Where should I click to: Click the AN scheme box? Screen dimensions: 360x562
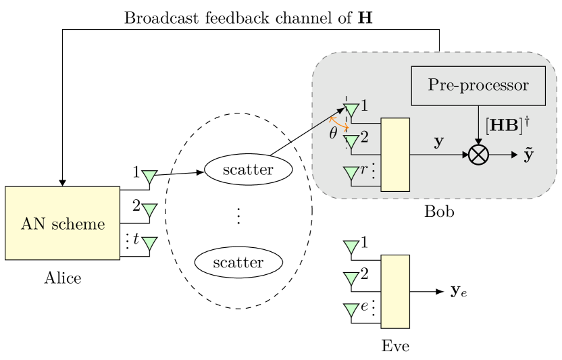pos(62,224)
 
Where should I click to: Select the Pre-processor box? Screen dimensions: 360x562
pos(478,86)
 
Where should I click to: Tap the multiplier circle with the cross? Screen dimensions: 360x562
pos(478,155)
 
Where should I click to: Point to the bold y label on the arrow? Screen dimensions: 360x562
pos(438,143)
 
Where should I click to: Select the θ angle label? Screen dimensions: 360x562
pos(333,133)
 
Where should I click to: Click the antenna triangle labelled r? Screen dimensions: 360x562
pos(351,174)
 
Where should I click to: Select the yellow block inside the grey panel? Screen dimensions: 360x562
pos(395,155)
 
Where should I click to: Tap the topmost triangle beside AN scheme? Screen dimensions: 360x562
pos(150,177)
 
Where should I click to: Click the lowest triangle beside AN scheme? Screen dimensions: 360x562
pos(150,242)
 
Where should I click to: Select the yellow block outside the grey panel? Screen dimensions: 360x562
pos(395,291)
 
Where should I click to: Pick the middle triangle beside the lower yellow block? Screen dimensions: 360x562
pos(351,278)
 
